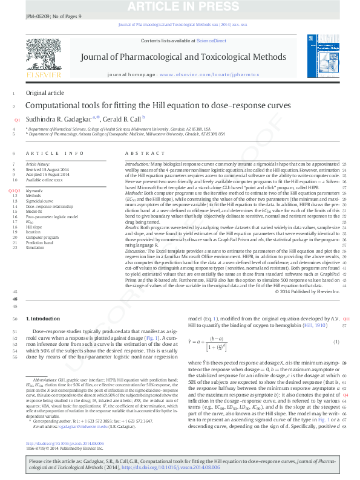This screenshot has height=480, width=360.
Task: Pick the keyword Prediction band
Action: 39,242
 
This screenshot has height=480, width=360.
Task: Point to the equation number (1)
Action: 336,342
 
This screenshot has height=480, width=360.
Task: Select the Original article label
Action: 44,92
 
